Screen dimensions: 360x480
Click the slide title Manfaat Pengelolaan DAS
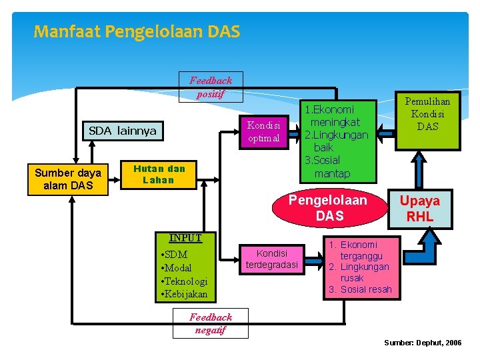[x=137, y=31]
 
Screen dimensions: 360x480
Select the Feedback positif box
[x=211, y=87]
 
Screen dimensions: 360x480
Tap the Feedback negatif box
[x=211, y=323]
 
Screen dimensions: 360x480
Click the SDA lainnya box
[x=123, y=131]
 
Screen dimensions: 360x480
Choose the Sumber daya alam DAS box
[x=68, y=179]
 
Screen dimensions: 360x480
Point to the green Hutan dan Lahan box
[x=159, y=174]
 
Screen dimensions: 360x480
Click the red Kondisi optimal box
[x=264, y=131]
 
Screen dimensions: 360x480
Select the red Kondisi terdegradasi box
[x=272, y=259]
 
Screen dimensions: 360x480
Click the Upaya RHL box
[x=420, y=208]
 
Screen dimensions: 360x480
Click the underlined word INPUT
[x=185, y=237]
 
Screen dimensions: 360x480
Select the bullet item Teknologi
[x=185, y=281]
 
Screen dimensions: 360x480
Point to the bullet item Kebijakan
[x=185, y=294]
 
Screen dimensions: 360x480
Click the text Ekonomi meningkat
[x=333, y=115]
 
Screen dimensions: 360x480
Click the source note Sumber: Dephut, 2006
[x=423, y=342]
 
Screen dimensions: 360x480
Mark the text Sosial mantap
[x=329, y=167]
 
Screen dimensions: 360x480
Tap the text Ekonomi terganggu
[x=360, y=250]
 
